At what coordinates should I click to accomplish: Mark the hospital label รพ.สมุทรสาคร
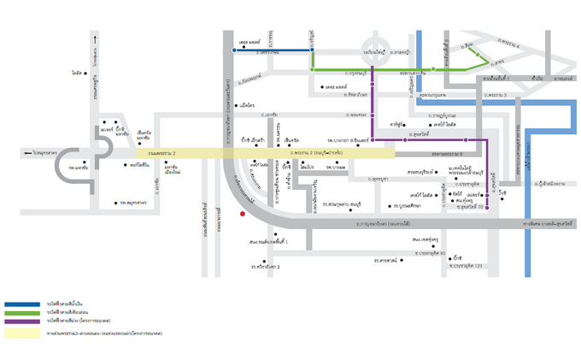click(x=133, y=204)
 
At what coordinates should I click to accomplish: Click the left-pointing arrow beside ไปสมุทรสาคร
click(x=29, y=152)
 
